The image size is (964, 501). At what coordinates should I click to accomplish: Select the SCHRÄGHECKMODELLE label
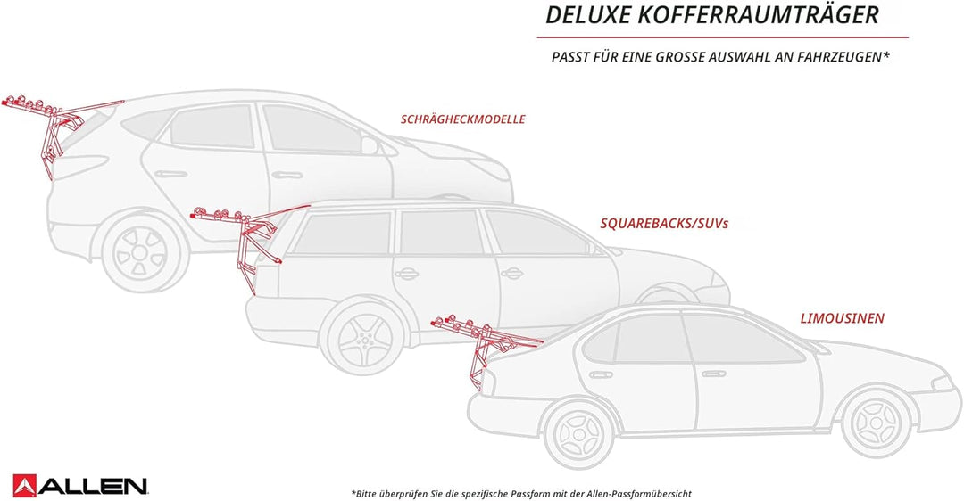tap(463, 119)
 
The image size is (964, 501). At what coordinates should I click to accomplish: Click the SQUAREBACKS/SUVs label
tap(664, 224)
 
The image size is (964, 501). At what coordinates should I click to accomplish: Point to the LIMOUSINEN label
tap(843, 318)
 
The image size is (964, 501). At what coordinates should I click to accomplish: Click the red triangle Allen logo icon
tap(25, 485)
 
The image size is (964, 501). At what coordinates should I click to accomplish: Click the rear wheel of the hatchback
tap(140, 252)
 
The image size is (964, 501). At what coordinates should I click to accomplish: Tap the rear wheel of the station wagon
tap(365, 337)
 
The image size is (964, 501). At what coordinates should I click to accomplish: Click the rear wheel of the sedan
tap(578, 434)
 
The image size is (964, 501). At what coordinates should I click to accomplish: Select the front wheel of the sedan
tap(877, 423)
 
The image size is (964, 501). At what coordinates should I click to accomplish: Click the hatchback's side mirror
tap(370, 145)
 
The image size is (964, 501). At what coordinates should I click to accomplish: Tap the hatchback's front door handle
tap(287, 175)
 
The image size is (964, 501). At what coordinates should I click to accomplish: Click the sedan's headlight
tap(943, 382)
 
